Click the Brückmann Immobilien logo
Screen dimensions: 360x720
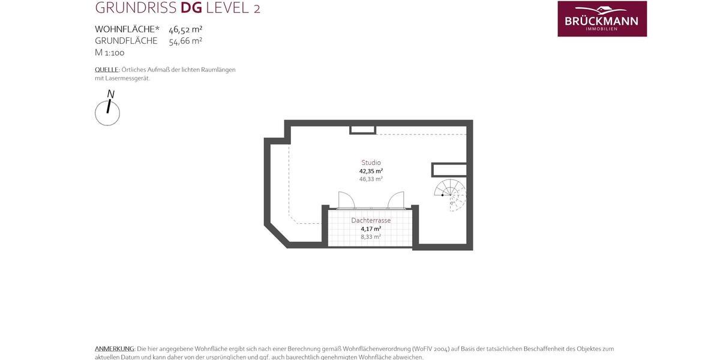pos(602,19)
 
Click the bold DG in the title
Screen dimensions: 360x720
pos(191,8)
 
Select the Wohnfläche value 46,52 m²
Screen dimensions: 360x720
pos(185,29)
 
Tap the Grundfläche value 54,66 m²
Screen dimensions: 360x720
pos(185,41)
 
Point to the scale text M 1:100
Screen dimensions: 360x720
pos(110,53)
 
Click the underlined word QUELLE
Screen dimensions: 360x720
pos(107,70)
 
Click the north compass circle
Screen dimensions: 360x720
pos(107,113)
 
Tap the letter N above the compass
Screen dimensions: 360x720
pos(111,94)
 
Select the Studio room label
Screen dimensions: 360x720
pos(371,163)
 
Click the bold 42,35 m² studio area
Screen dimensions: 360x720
pos(371,171)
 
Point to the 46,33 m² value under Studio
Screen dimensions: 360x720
pos(371,179)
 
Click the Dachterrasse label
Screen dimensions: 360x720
pos(371,220)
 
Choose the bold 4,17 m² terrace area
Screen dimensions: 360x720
pos(371,229)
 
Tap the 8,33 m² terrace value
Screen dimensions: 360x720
pos(371,237)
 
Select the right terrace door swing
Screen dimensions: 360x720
pos(396,200)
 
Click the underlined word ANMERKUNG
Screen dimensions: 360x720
pos(115,349)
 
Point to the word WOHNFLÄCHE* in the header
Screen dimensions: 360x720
pos(127,29)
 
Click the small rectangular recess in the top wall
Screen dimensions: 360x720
pos(363,129)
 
